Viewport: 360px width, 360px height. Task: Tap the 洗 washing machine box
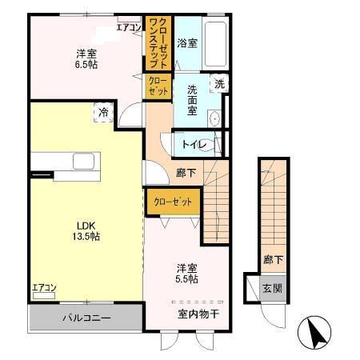point(218,82)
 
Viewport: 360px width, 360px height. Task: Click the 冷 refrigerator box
point(102,113)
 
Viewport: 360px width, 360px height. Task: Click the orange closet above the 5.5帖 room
point(172,202)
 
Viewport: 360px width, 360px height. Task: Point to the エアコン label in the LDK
point(43,287)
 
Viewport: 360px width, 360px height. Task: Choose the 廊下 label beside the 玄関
point(271,259)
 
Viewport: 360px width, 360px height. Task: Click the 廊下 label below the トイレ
point(186,171)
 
